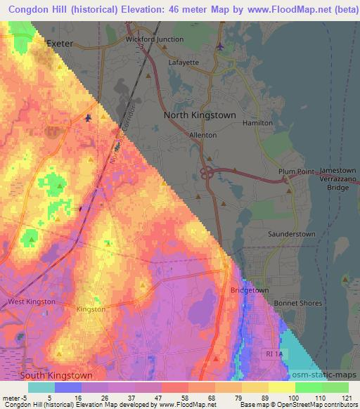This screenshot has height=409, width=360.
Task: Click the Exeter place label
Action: [59, 44]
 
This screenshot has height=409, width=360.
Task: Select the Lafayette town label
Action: [184, 62]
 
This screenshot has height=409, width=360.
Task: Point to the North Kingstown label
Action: [200, 115]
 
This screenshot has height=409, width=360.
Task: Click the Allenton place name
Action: [202, 135]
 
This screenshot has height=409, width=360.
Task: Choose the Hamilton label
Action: [257, 122]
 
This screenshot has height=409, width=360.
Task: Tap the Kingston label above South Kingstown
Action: [91, 309]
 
